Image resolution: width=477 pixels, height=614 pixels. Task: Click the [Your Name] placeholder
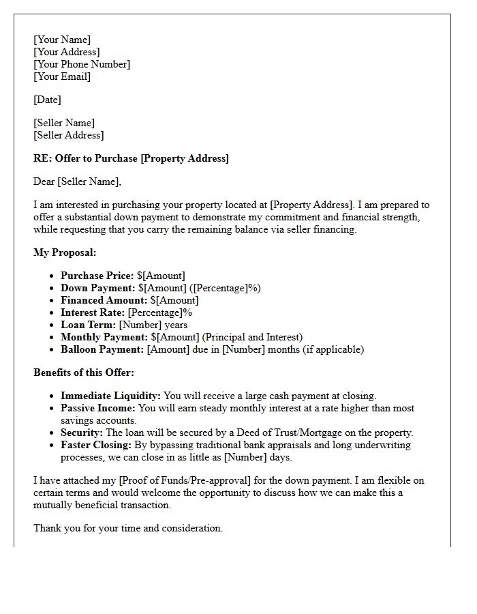coord(62,40)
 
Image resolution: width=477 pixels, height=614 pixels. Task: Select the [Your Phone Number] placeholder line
coord(82,64)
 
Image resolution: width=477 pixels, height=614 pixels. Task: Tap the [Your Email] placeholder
coord(62,76)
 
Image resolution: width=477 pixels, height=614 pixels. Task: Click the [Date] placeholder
coord(47,100)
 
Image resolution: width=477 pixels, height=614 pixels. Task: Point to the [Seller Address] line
coord(69,135)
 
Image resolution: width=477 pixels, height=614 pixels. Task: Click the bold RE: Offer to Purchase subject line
coord(131,158)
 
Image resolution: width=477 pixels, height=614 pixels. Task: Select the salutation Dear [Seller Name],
coord(77,181)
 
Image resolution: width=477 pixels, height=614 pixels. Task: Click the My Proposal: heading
coord(65,252)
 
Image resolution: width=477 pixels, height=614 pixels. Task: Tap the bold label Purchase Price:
coord(97,276)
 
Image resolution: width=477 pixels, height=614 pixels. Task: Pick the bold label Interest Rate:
coord(93,312)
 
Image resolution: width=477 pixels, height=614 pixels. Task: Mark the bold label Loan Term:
coord(89,325)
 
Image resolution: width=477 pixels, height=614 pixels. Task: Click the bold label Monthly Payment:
coord(104,337)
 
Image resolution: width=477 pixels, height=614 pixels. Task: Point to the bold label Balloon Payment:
coord(102,349)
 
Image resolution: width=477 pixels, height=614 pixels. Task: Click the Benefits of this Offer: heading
coord(84,372)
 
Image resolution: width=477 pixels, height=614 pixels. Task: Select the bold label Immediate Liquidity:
coord(110,396)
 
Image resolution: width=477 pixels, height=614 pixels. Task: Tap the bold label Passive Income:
coord(98,408)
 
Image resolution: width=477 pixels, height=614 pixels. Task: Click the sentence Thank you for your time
coord(128,528)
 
